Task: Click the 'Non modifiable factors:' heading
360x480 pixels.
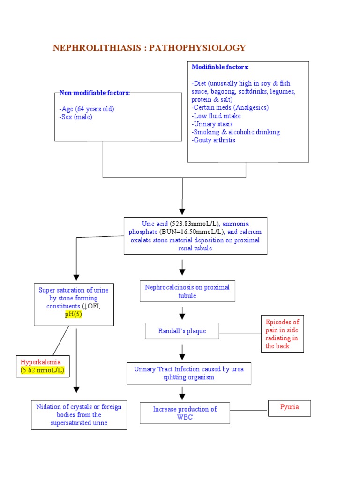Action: click(x=95, y=93)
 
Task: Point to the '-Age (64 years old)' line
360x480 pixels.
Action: click(x=87, y=109)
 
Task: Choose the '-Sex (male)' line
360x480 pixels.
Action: click(x=76, y=117)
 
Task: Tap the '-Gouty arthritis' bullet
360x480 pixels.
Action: click(x=213, y=140)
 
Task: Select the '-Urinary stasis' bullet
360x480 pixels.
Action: click(x=212, y=124)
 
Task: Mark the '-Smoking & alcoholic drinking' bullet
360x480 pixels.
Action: click(x=235, y=132)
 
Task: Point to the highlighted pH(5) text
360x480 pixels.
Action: click(x=74, y=315)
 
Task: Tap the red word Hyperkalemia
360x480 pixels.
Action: click(x=41, y=362)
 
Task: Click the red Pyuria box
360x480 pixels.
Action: click(x=289, y=407)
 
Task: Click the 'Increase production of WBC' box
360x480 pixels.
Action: click(x=185, y=413)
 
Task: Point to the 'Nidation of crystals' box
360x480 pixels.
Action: click(x=79, y=415)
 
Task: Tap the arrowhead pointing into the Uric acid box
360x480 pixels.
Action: click(x=182, y=211)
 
